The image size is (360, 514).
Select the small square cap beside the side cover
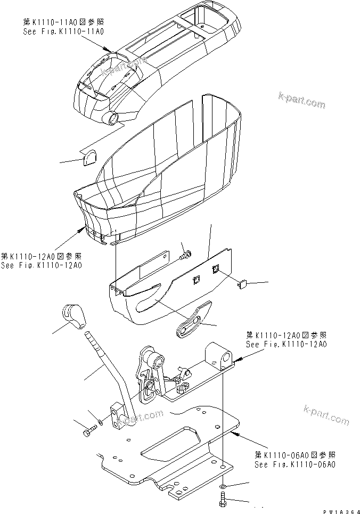[242, 284]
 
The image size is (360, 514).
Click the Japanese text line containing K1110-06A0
[294, 455]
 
